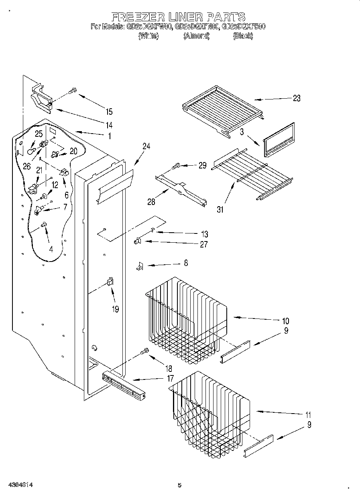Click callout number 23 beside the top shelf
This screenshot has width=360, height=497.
(x=296, y=98)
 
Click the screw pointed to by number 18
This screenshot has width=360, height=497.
(x=145, y=352)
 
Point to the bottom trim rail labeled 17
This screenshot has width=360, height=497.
(x=123, y=387)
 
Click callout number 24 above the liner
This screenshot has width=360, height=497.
(x=146, y=147)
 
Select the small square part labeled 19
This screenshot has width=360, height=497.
(x=110, y=282)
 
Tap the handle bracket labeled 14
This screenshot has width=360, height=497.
(x=42, y=97)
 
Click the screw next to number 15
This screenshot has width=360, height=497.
(x=72, y=91)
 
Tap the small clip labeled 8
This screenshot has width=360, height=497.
(x=140, y=266)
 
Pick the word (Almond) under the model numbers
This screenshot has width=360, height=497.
(x=196, y=36)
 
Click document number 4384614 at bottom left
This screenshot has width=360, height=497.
(x=19, y=485)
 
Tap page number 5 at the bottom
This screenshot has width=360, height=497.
(x=179, y=485)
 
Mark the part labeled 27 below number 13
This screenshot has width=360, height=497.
(x=137, y=241)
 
